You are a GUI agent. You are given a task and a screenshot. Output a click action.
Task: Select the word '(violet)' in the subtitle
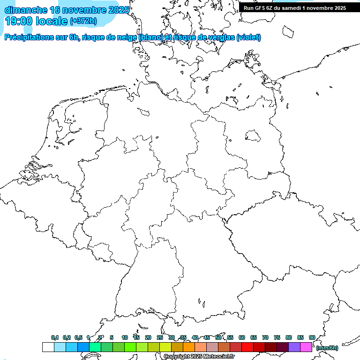click(249, 37)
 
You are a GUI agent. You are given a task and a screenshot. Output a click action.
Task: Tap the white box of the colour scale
click(48, 347)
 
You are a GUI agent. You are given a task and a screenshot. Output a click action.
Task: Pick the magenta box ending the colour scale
click(306, 347)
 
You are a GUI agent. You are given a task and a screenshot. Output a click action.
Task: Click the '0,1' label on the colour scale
click(55, 337)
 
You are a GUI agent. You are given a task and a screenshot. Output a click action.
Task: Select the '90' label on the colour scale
click(312, 337)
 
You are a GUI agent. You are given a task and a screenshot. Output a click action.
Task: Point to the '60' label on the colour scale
click(242, 337)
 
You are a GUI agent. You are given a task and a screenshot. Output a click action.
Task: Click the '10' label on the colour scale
click(125, 337)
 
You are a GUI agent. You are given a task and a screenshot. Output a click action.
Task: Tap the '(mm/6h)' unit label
click(327, 348)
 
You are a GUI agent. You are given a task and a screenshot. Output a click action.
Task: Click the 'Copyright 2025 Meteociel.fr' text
click(199, 357)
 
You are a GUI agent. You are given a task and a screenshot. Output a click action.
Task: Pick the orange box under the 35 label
click(189, 347)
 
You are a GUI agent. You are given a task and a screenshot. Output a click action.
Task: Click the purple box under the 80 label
click(294, 347)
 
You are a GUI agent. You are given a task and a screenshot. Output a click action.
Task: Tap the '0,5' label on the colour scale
click(78, 337)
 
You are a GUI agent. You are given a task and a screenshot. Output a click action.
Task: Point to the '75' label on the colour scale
click(277, 337)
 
